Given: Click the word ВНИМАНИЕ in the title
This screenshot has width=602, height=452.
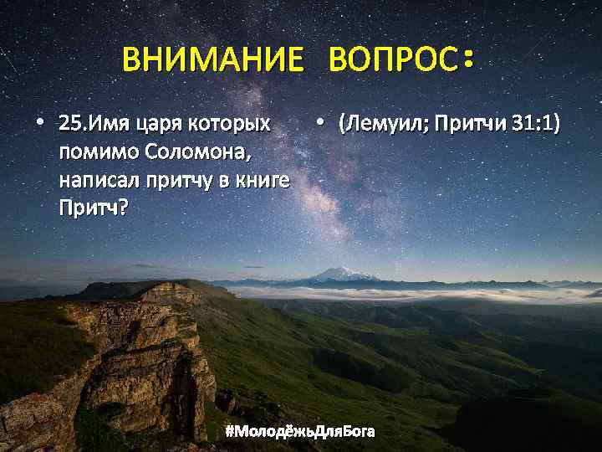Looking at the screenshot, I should pos(212,60).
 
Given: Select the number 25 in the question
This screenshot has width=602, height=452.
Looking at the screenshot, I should pos(71,126).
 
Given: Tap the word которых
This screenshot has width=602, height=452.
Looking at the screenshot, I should pos(233,126).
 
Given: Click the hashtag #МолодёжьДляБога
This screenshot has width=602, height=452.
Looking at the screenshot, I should pos(301,431).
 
